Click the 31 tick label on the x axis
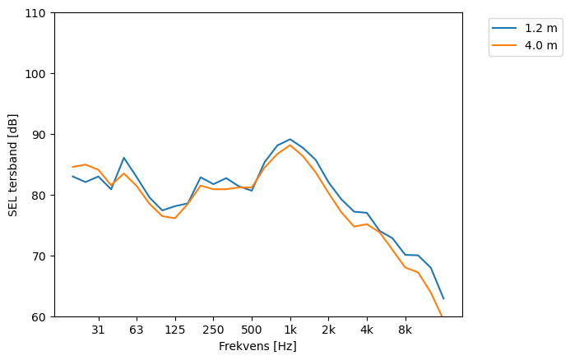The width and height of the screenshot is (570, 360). [x=98, y=330]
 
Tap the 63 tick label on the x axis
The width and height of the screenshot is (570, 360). [x=137, y=330]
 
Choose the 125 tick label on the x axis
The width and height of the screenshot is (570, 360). [x=174, y=330]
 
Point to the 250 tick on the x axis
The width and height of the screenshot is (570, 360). [x=213, y=330]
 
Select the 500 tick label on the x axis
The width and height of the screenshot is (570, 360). [x=252, y=330]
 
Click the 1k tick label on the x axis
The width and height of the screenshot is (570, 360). [x=290, y=330]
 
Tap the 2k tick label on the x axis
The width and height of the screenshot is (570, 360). [x=328, y=330]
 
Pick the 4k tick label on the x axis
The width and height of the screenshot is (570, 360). [x=367, y=330]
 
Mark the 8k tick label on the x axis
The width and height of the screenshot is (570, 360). [x=405, y=330]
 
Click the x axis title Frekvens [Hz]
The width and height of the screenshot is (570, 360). [x=257, y=347]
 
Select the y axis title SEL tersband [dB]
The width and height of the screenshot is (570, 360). [x=12, y=164]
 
